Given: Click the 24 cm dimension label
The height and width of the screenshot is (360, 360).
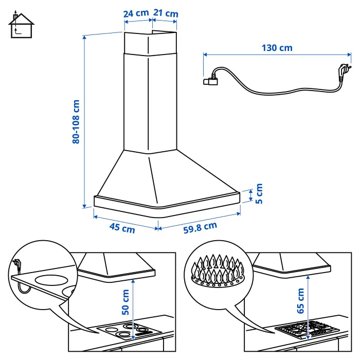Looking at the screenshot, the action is click(136, 13).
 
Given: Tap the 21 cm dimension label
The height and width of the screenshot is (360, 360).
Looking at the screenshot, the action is click(166, 13).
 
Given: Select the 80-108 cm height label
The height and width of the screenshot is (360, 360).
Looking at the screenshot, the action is click(76, 122).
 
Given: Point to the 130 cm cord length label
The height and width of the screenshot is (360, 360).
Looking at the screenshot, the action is click(277, 48).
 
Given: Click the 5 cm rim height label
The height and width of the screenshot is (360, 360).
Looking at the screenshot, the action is click(259, 193).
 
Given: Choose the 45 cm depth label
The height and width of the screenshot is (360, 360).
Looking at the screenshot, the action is click(122, 228).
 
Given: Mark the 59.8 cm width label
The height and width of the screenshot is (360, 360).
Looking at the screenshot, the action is click(200, 227).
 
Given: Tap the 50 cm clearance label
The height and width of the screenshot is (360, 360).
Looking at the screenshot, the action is click(125, 302).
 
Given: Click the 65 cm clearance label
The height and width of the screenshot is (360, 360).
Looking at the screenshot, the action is click(300, 301).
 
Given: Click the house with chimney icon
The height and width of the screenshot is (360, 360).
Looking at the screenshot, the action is click(21, 25).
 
